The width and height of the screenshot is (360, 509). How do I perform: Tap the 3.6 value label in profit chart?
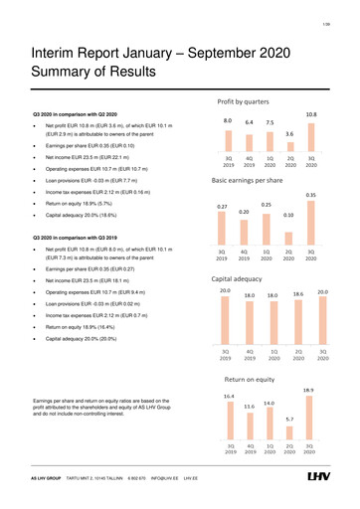289,133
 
